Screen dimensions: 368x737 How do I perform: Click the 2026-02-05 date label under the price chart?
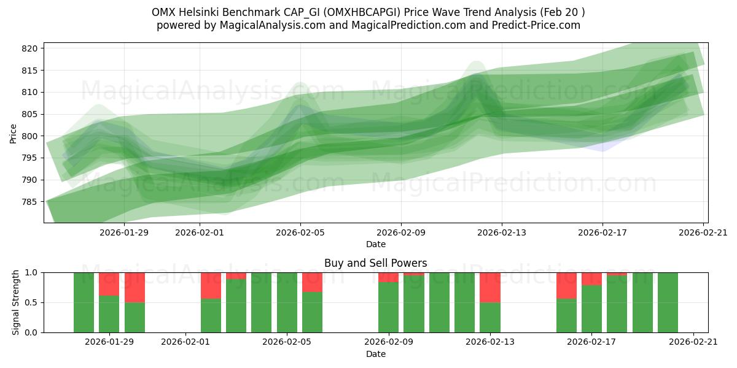point(300,232)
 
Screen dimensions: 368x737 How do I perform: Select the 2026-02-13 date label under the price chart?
point(502,232)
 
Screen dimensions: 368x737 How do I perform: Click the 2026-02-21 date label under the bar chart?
point(693,342)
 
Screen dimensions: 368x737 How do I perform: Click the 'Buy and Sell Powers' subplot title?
point(375,263)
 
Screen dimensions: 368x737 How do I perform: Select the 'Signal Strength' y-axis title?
point(17,302)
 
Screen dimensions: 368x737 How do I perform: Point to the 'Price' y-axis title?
point(14,132)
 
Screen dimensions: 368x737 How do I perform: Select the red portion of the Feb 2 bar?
point(211,285)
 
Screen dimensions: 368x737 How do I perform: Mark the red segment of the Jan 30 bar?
point(135,287)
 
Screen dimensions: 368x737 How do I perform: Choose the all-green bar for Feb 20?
point(668,302)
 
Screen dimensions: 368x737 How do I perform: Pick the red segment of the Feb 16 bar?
point(566,285)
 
